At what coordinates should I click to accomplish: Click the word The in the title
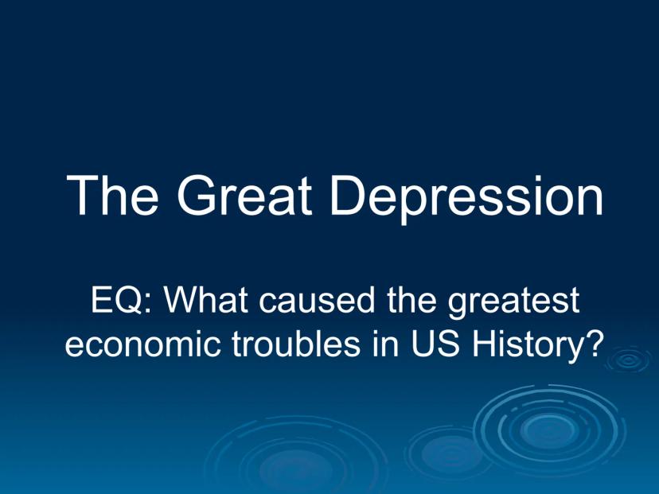[112, 196]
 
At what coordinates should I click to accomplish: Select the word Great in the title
[244, 196]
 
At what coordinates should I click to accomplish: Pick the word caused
[316, 300]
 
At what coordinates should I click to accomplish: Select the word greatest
[513, 303]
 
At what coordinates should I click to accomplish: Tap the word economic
[142, 343]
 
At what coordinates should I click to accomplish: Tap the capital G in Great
[197, 196]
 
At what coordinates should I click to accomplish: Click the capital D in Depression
[349, 196]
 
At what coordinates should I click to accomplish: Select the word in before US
[385, 343]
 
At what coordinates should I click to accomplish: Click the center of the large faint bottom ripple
[295, 458]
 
